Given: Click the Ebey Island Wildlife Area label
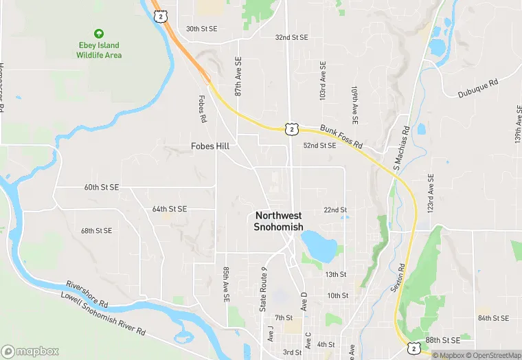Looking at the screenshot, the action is [x=99, y=50].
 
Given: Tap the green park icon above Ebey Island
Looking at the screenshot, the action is [x=99, y=33].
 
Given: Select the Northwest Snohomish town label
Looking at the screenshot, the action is [x=278, y=221].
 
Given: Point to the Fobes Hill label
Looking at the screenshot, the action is [x=210, y=146].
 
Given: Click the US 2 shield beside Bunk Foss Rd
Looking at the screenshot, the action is [x=292, y=128].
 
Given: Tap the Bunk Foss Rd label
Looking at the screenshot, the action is [x=342, y=135].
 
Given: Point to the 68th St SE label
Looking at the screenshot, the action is [x=96, y=231].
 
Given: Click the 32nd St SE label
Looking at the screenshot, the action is [x=291, y=37].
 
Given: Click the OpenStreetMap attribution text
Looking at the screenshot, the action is [x=492, y=355].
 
